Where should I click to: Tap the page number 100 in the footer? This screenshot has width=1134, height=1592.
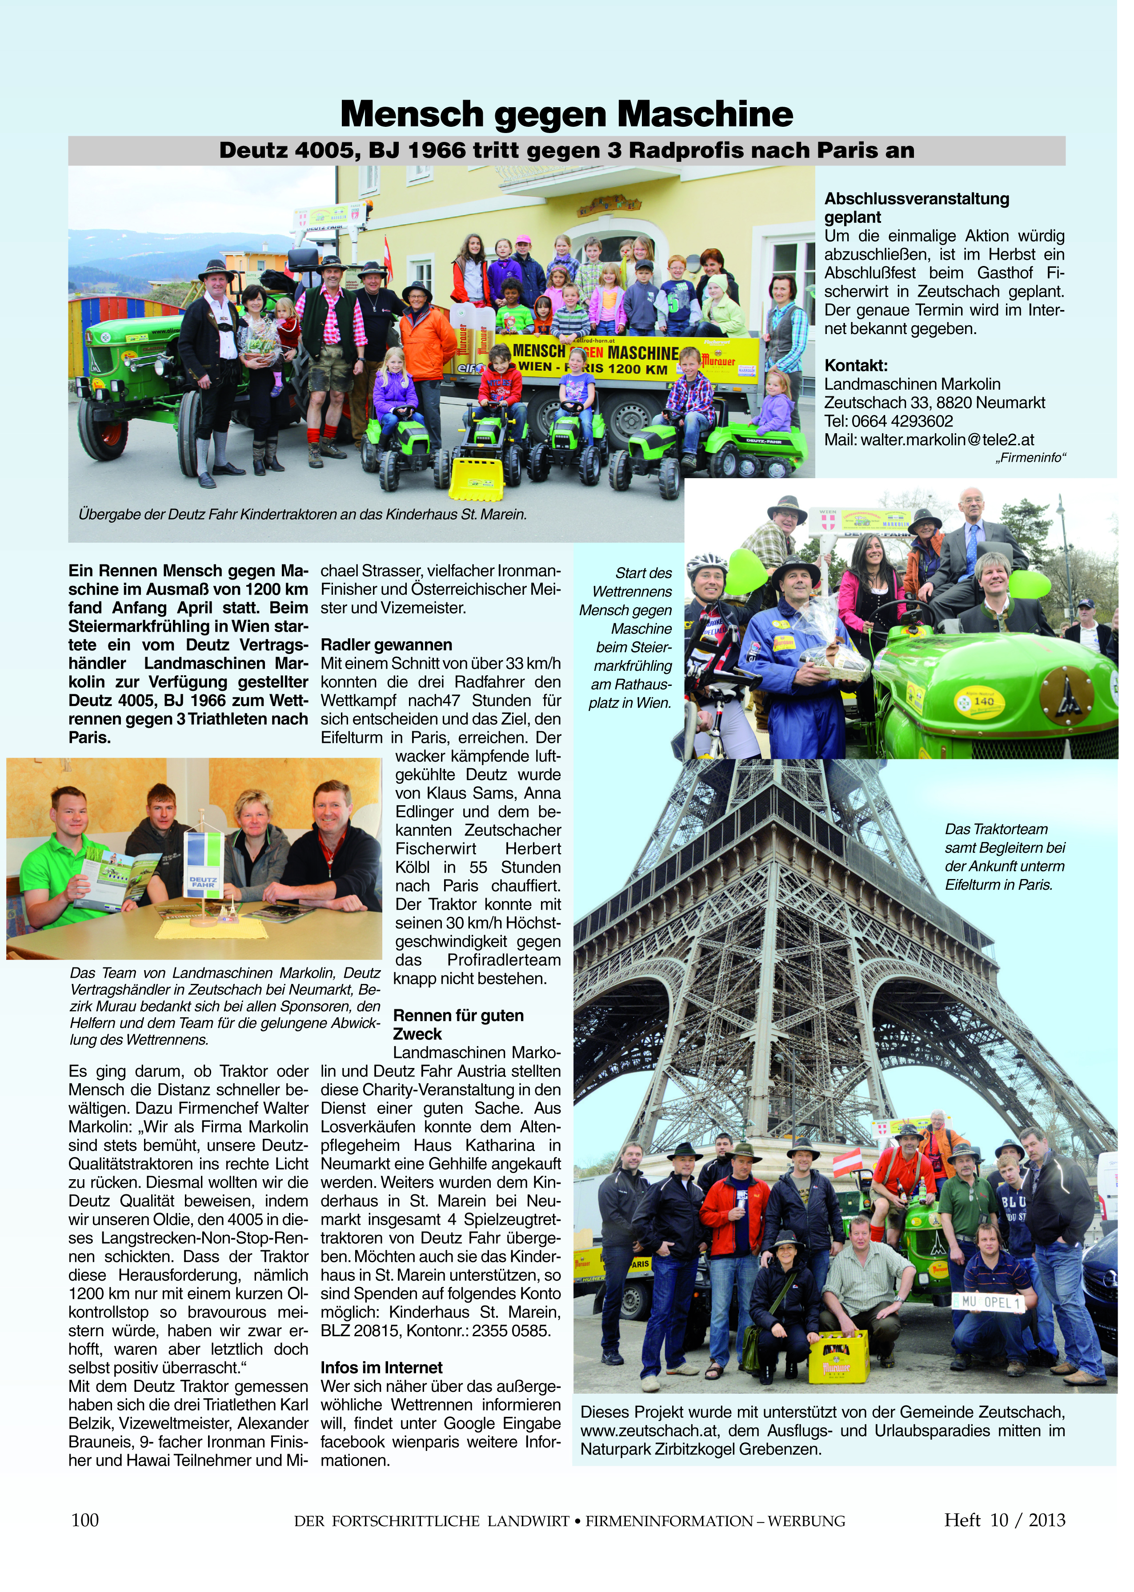(85, 1520)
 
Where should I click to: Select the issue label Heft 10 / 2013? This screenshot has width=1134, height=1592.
(1004, 1520)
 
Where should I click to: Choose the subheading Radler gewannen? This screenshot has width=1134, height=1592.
(386, 645)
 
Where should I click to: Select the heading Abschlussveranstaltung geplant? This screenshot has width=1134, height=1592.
(916, 207)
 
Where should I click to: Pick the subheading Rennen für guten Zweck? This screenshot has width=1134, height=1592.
(457, 1025)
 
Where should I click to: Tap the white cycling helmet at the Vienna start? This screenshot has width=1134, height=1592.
(708, 561)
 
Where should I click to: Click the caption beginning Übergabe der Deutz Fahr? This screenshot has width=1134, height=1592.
(302, 515)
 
